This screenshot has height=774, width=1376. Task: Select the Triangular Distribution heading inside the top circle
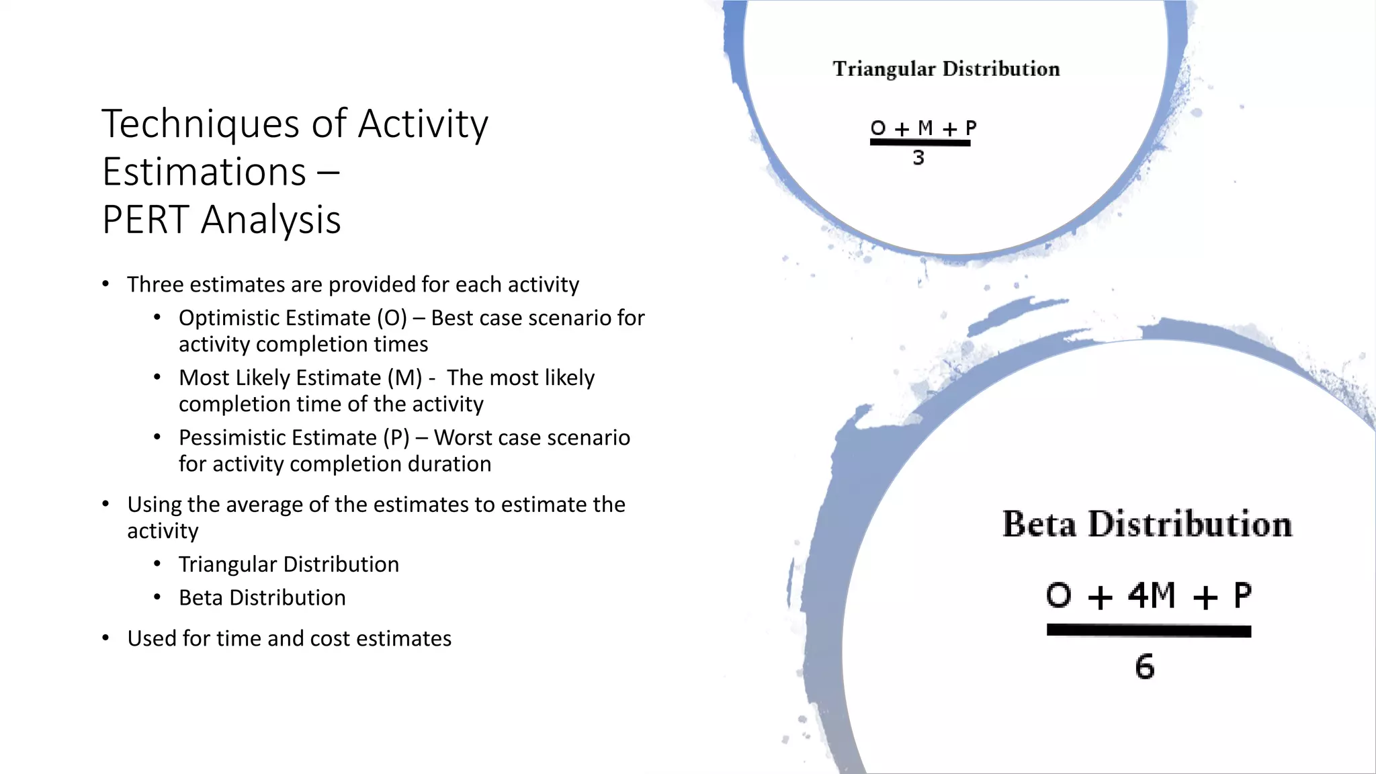tap(946, 69)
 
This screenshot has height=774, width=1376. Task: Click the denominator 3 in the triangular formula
tap(918, 158)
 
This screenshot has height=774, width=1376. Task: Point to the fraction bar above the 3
tap(920, 142)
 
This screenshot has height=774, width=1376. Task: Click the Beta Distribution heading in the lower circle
tap(1147, 524)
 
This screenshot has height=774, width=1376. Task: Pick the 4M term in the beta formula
tap(1152, 595)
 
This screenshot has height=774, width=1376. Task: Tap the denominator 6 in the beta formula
tap(1145, 666)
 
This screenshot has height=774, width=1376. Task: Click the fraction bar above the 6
tap(1148, 631)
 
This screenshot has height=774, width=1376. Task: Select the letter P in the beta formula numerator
tap(1242, 595)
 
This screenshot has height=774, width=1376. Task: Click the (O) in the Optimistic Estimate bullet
tap(392, 318)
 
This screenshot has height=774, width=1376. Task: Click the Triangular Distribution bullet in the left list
tap(288, 564)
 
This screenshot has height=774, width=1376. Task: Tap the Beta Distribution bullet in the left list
tap(262, 598)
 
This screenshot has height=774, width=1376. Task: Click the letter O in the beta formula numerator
tap(1058, 595)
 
